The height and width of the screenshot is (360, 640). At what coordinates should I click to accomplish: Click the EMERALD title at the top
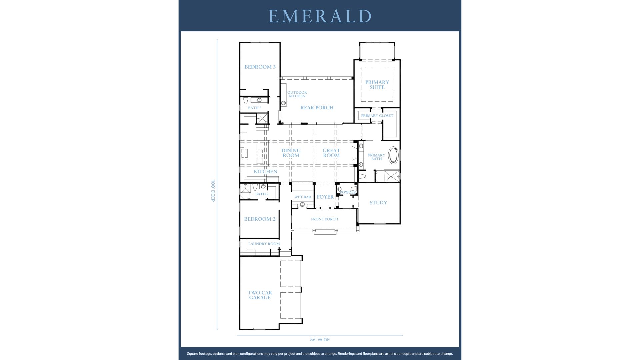[x=320, y=16]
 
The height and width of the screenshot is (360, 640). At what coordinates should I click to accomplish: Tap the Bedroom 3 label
[x=260, y=67]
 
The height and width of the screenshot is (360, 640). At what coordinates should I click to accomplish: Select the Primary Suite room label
[x=377, y=85]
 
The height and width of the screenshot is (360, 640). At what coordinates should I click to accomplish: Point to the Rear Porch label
[x=317, y=108]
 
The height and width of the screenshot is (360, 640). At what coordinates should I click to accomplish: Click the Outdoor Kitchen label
[x=297, y=94]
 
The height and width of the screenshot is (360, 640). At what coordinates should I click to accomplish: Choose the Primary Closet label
[x=377, y=116]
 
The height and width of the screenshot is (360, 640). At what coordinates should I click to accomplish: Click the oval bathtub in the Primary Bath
[x=394, y=155]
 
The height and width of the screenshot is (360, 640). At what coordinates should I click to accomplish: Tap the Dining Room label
[x=291, y=153]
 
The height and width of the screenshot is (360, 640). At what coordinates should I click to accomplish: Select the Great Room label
[x=331, y=153]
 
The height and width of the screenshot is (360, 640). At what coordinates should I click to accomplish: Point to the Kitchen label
[x=265, y=172]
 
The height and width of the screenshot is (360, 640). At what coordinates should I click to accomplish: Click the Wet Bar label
[x=303, y=197]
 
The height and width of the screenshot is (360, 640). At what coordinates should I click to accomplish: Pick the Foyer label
[x=325, y=197]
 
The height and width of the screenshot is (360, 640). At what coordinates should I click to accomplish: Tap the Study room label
[x=378, y=203]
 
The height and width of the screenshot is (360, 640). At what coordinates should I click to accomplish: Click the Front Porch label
[x=324, y=219]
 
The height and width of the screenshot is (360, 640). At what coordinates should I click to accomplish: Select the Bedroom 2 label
[x=260, y=219]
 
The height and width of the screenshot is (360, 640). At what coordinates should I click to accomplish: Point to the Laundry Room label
[x=264, y=244]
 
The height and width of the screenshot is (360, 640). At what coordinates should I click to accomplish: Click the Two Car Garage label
[x=260, y=295]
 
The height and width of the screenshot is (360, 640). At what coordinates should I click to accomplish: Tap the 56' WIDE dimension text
[x=320, y=340]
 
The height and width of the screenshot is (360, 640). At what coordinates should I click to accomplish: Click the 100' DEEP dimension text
[x=213, y=191]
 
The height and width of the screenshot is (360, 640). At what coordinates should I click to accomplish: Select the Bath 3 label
[x=255, y=108]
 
